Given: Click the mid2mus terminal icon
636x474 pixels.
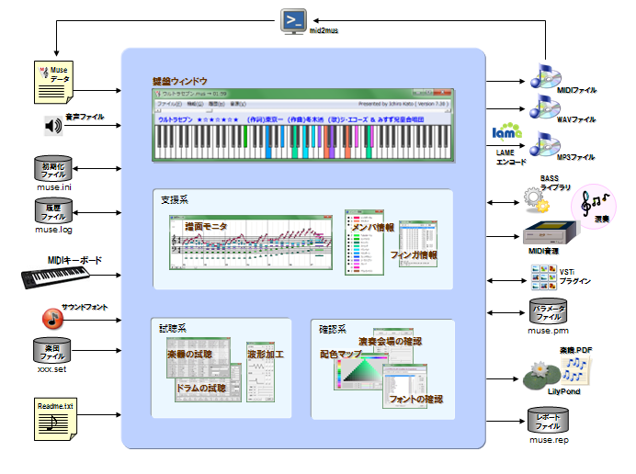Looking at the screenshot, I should pos(293,20).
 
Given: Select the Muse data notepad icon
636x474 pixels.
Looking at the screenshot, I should pos(53,83).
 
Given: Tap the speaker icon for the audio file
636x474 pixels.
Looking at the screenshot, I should pos(51,125).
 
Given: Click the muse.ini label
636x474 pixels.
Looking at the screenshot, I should pos(53,187).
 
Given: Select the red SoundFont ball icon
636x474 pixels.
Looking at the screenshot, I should pos(51,319).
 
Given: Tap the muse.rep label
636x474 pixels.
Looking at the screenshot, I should pos(551,442).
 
